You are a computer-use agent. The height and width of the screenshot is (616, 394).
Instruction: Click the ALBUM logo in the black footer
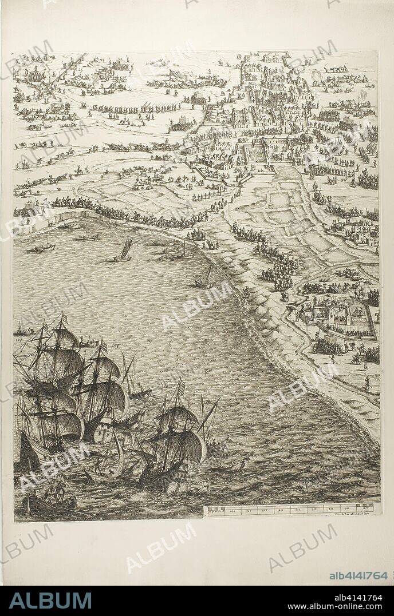click(x=50, y=600)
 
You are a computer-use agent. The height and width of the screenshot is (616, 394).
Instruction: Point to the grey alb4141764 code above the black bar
click(x=358, y=575)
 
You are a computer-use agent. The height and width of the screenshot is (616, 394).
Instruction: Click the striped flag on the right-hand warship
click(x=181, y=389)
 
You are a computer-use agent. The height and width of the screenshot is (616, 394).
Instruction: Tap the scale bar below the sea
click(x=291, y=508)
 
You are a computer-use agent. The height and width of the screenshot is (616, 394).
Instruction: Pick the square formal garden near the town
click(x=255, y=153)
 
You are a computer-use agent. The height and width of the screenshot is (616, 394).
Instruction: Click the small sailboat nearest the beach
click(x=204, y=279)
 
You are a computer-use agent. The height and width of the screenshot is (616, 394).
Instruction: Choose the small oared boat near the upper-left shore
click(x=45, y=248)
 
